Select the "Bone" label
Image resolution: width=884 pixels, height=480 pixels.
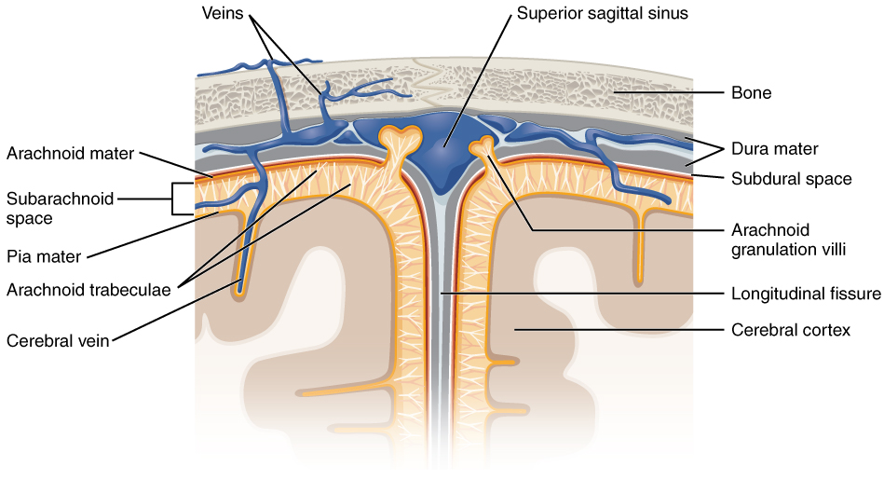point(751,93)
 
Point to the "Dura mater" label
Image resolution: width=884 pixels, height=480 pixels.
point(775,148)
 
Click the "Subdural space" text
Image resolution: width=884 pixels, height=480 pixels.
point(790,178)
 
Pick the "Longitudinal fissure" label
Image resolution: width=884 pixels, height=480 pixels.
point(806,294)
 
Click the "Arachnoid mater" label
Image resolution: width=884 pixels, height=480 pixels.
point(70,153)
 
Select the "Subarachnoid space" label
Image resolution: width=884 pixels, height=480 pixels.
point(61,208)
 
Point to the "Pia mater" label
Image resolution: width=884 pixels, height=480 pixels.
point(44,255)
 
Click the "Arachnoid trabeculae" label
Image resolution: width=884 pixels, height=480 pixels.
point(88,289)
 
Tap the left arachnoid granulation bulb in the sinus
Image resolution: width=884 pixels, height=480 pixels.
point(402,137)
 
